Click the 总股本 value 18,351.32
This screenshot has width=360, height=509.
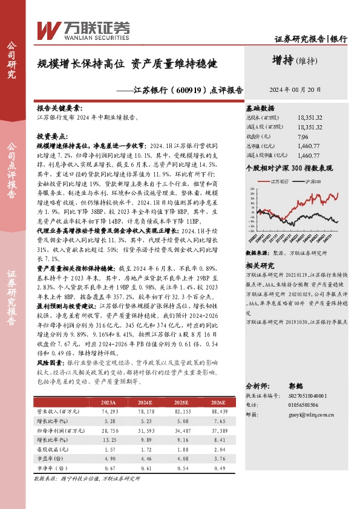pos(310,118)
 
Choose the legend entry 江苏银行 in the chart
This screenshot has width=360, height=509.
pos(280,181)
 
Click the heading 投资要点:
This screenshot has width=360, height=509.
pos(53,137)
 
